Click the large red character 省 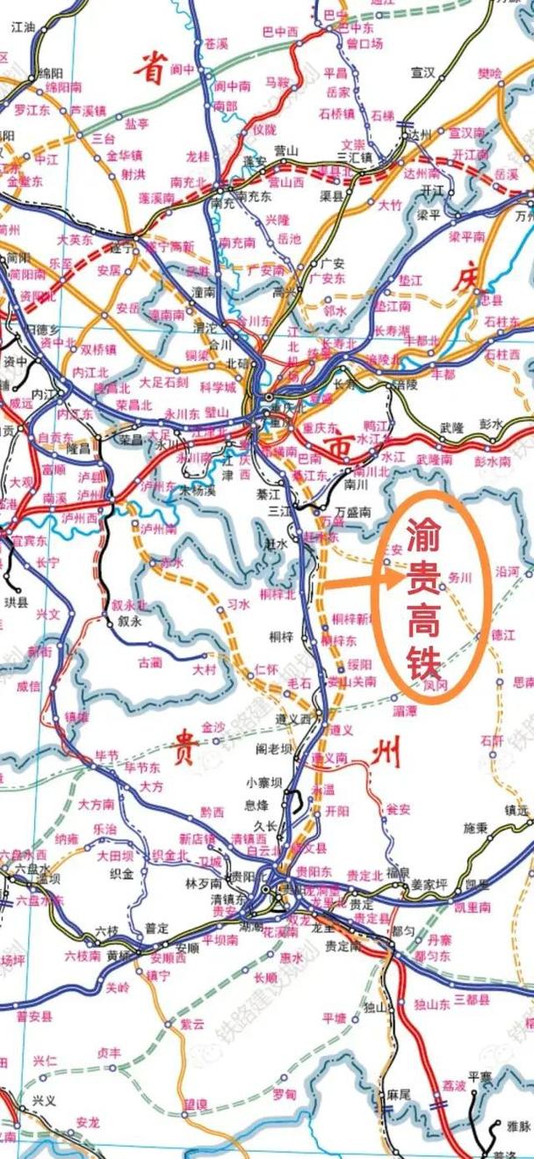pos(150,68)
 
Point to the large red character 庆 pos(467,279)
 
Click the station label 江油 pos(26,27)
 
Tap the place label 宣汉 pos(423,72)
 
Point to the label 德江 pos(502,633)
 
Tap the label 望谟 pos(196,1104)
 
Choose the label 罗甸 pos(285,1094)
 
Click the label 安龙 pos(88,1121)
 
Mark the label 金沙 pos(213,727)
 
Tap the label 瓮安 pos(398,808)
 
